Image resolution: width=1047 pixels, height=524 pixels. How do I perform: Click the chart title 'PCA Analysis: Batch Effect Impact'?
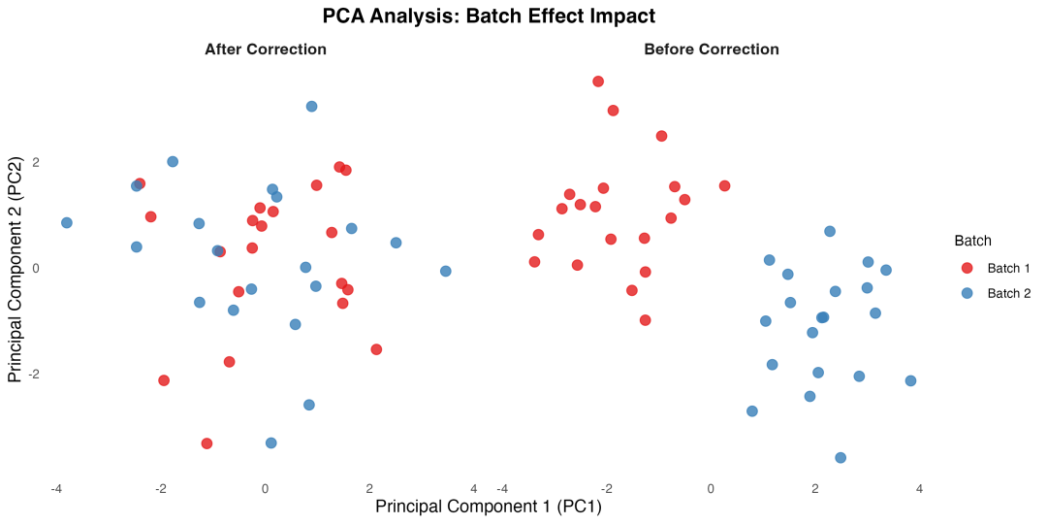pyautogui.click(x=490, y=16)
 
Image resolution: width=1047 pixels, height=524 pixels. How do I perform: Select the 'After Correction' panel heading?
pyautogui.click(x=266, y=49)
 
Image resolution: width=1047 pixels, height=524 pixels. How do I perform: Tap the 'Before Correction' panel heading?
pyautogui.click(x=711, y=49)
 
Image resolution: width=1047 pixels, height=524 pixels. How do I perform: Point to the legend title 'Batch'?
pyautogui.click(x=971, y=241)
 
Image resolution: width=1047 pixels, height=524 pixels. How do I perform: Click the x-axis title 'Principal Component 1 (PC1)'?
pyautogui.click(x=489, y=507)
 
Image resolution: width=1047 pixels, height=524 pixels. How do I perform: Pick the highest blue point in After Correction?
pyautogui.click(x=311, y=107)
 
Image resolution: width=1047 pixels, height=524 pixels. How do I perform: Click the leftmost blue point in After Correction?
pyautogui.click(x=67, y=223)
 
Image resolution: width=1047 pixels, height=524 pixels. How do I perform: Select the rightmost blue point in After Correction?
pyautogui.click(x=446, y=272)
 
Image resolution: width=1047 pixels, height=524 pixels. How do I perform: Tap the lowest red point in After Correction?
pyautogui.click(x=206, y=443)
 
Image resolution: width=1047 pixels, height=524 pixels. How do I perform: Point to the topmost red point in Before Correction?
pyautogui.click(x=598, y=82)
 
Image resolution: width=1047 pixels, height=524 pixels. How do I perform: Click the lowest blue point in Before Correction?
pyautogui.click(x=841, y=458)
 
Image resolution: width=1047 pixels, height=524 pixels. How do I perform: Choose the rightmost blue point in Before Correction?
pyautogui.click(x=910, y=381)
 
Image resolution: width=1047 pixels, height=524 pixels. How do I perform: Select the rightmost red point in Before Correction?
pyautogui.click(x=724, y=186)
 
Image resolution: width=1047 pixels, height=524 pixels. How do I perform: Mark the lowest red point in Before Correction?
pyautogui.click(x=645, y=320)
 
